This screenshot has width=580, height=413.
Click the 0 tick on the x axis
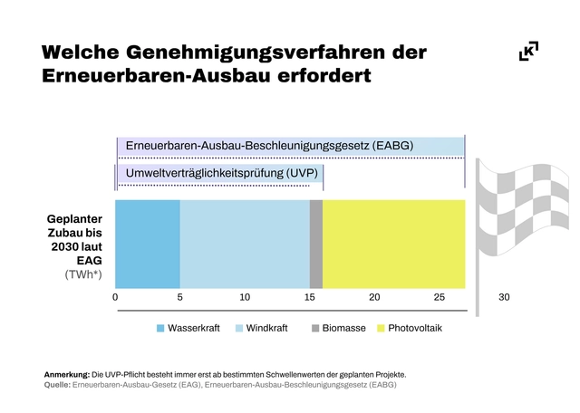(116, 297)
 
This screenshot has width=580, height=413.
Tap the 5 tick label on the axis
(180, 297)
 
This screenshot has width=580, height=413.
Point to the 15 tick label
(310, 297)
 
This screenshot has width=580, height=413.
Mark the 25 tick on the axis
(440, 297)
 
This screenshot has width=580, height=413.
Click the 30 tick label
(504, 297)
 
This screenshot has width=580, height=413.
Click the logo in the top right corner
(528, 52)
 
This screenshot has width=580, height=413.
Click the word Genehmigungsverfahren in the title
(255, 52)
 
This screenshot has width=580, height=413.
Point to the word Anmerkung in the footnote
(66, 374)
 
